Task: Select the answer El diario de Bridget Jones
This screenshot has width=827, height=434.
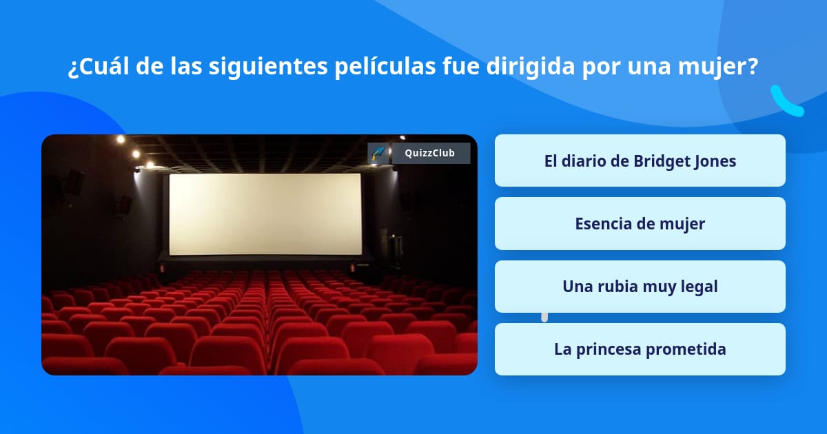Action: coord(640,161)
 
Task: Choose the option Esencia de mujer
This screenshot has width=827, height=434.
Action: coord(640,224)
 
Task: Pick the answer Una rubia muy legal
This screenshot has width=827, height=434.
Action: coord(640,287)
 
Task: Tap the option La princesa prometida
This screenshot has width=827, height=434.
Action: coord(640,349)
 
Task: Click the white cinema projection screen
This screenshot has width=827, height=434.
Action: coord(265,214)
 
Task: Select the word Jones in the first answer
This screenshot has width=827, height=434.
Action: coord(714,161)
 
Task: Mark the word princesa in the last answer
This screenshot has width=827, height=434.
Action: coord(611,349)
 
